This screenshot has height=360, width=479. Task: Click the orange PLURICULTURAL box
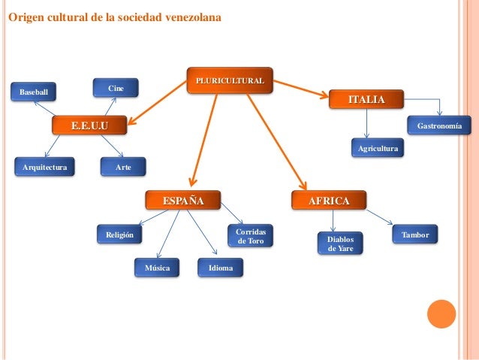tap(230, 80)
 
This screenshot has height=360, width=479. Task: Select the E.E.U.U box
tap(89, 125)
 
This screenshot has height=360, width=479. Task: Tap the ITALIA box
tap(367, 100)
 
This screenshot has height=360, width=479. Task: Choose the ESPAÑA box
tap(183, 201)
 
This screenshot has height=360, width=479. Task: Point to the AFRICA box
tap(329, 201)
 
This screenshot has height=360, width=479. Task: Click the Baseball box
tap(33, 92)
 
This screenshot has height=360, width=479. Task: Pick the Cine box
tap(116, 89)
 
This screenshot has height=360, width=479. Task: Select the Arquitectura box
tap(45, 166)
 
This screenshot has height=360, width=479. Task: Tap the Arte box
tap(123, 166)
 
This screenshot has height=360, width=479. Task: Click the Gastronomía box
tap(439, 124)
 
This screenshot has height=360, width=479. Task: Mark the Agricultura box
tap(377, 149)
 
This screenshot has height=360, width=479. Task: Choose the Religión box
tap(119, 235)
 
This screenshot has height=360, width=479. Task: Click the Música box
tap(157, 268)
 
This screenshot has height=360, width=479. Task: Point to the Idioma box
tap(221, 268)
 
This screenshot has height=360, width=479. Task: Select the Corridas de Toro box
tap(250, 236)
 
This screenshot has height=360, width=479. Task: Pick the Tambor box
tap(415, 234)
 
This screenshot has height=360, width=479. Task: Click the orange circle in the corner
tap(441, 315)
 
